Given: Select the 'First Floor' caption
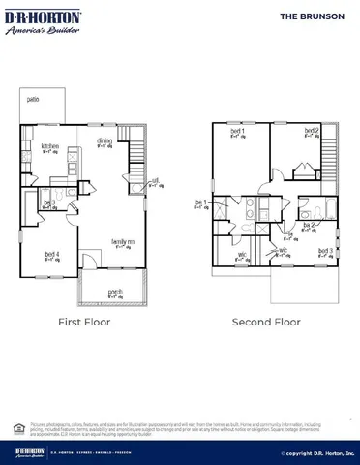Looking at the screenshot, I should [85, 322].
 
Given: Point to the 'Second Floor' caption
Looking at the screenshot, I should [266, 322].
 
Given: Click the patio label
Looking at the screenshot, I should [33, 99].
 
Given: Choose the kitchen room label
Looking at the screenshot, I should [49, 146].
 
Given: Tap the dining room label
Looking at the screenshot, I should [104, 141].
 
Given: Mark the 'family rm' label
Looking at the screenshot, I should [122, 241].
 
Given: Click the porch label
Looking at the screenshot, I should [115, 290].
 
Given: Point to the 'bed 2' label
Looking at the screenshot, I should [311, 131].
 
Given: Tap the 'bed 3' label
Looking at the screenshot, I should [325, 251].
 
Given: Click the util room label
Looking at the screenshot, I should [155, 181].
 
